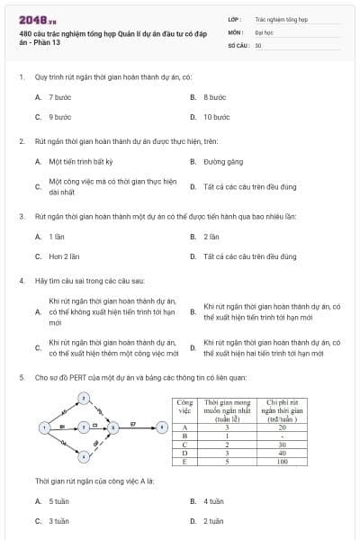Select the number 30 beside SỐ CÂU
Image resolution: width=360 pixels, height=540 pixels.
pos(258,44)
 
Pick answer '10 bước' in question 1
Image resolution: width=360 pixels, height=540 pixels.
pos(217,117)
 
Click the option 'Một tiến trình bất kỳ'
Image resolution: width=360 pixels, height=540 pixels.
pos(80,162)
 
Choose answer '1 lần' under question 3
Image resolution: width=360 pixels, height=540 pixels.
pos(58,237)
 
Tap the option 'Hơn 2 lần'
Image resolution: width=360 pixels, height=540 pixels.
pos(64,256)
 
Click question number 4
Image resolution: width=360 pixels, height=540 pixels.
pos(21,281)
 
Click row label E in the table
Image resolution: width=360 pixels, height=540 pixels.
pos(184,461)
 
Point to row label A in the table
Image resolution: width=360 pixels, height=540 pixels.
pos(184,428)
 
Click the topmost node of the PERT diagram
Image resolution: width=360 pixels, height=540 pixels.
pos(83,396)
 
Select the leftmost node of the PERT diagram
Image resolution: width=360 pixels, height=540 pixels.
pos(42,426)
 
